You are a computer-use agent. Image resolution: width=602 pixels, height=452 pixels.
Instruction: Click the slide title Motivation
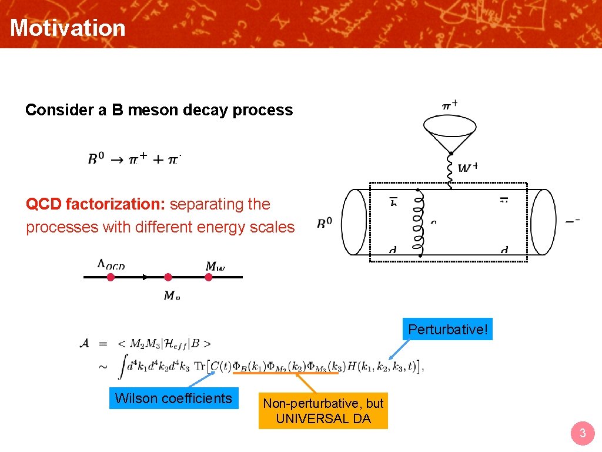(68, 28)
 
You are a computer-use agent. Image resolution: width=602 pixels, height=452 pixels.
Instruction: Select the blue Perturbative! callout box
(448, 330)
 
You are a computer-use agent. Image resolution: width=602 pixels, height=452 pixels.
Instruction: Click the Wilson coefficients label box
(173, 398)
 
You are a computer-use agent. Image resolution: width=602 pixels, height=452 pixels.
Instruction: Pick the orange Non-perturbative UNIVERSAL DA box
(323, 411)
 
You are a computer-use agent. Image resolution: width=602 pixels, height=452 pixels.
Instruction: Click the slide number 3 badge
(582, 434)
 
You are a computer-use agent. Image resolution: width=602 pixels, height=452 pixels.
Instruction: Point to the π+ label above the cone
(450, 105)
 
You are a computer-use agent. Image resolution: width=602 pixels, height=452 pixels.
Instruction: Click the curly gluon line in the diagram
(419, 223)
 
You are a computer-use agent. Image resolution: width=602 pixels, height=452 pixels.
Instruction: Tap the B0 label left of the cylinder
(325, 224)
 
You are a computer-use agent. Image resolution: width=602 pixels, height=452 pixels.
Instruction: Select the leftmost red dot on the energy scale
(111, 277)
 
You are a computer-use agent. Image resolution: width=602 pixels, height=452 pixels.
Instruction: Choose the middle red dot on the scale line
(168, 277)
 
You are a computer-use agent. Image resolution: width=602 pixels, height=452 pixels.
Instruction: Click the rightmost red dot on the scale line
(208, 277)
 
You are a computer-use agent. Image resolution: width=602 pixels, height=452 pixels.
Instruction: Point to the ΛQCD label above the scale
(111, 265)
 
